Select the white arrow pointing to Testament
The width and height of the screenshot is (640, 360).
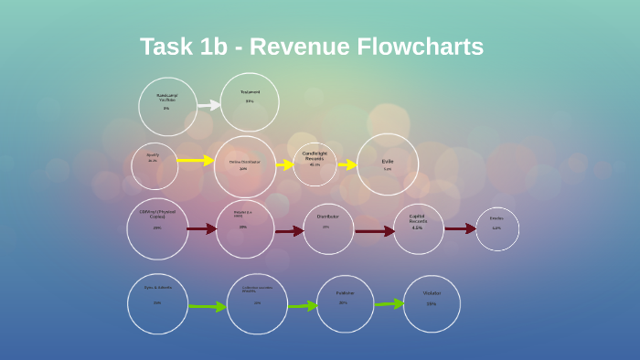pos(209,105)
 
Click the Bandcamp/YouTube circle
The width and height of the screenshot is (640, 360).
pos(167,106)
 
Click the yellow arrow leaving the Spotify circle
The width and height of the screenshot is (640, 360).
pos(195,161)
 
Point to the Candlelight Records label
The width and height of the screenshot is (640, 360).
pos(315,157)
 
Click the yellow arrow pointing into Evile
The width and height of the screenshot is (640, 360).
pos(347,165)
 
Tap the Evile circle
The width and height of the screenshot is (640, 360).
pos(388,164)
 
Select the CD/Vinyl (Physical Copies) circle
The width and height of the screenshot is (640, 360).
pos(157,228)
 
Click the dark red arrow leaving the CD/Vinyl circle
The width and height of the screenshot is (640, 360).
pos(201,228)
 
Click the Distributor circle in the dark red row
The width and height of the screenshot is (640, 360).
pos(328,228)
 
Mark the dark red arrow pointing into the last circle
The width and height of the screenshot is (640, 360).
pos(460,228)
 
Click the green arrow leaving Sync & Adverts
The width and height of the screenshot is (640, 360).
pos(207,307)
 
